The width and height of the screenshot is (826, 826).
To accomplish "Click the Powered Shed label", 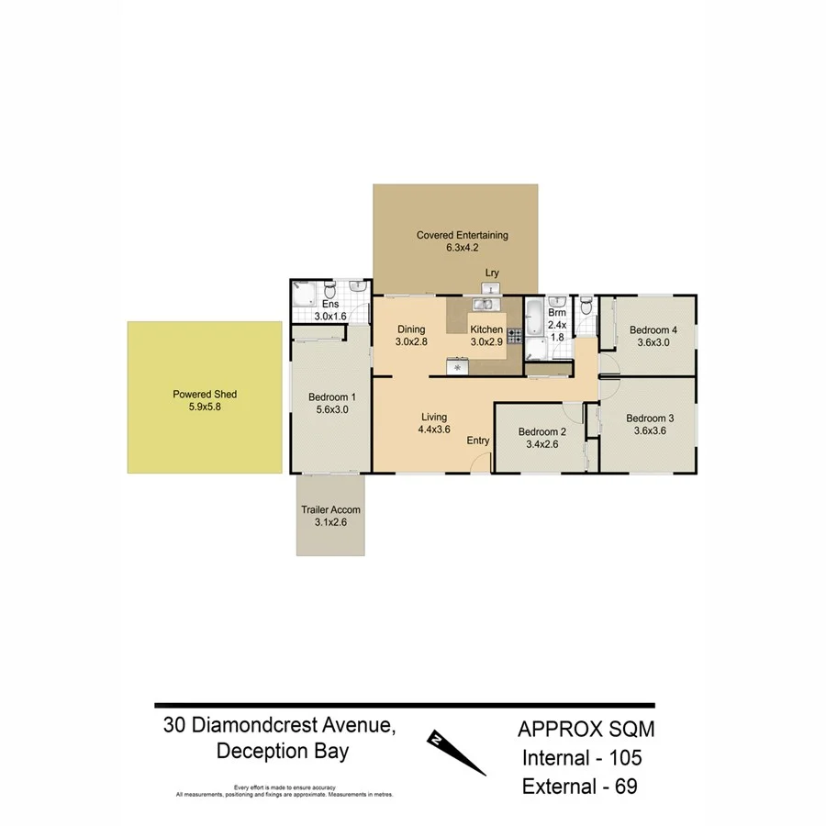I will coord(205,395).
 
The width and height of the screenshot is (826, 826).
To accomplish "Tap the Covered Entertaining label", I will coord(462,235).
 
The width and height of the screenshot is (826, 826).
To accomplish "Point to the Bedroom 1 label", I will coord(328,398).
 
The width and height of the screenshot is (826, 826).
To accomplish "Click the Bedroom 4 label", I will coord(653,330).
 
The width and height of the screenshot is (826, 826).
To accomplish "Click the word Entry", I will coord(478,441).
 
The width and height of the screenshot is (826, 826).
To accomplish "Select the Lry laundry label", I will coord(492,273).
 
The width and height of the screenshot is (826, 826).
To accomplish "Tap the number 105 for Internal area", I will coord(619,758).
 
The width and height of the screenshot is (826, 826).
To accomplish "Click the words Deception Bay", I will coord(282,751).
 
